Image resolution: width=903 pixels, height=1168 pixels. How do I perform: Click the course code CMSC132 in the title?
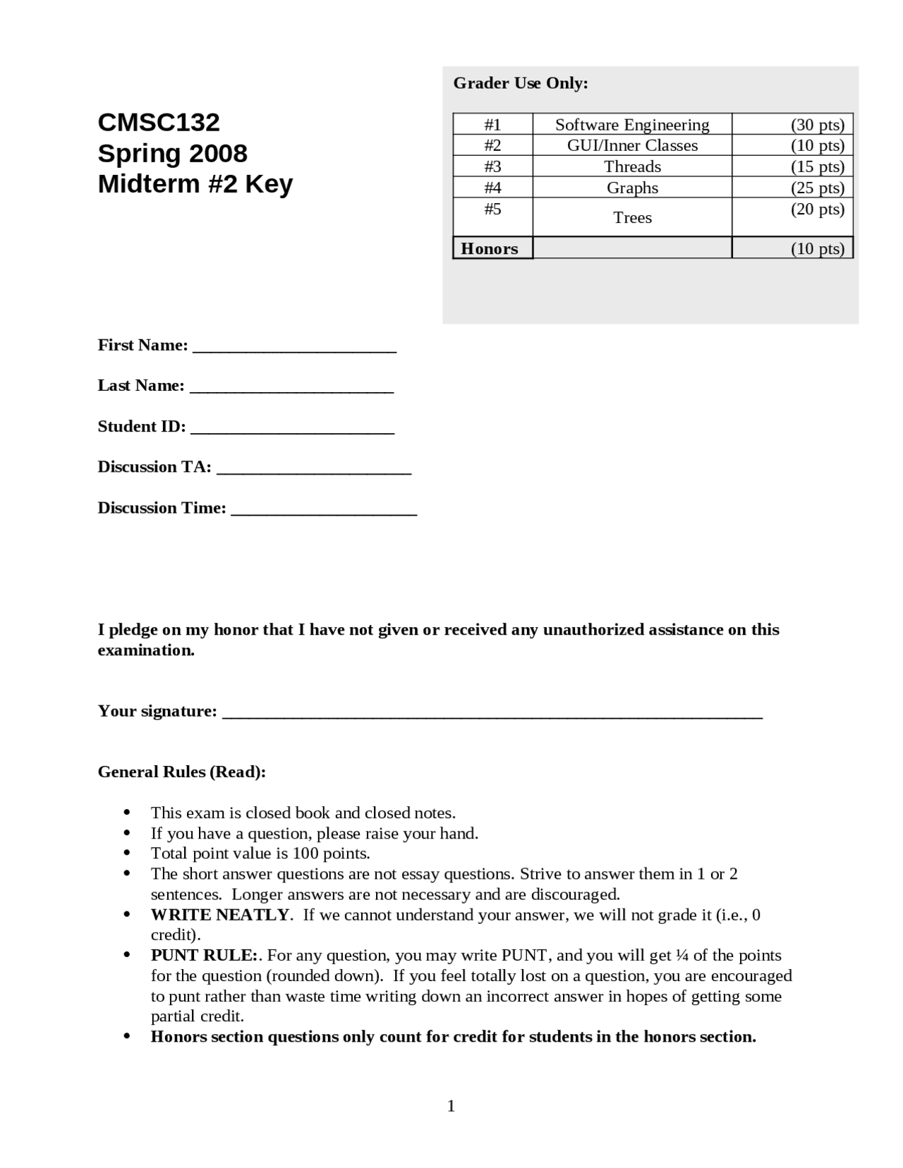click(159, 123)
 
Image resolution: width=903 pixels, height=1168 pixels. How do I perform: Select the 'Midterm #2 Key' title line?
click(195, 184)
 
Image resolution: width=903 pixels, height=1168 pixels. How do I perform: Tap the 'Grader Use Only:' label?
click(520, 83)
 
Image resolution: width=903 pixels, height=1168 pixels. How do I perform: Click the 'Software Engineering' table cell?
click(632, 125)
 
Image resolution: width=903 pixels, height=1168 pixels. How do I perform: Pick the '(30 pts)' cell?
click(817, 125)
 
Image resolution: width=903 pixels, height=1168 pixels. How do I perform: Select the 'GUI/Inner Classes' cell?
click(632, 145)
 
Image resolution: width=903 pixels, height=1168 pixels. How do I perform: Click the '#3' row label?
click(492, 166)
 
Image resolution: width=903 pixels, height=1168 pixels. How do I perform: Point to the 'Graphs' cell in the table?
click(632, 188)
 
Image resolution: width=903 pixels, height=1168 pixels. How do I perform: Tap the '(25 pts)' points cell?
click(817, 188)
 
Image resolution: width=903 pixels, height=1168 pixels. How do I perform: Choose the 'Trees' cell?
click(632, 217)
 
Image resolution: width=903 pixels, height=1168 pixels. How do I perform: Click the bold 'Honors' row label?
click(490, 248)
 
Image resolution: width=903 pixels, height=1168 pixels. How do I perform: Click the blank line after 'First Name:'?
click(294, 348)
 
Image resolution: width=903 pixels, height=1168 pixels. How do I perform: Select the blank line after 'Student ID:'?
click(292, 430)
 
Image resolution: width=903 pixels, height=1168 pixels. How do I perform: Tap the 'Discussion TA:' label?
click(154, 467)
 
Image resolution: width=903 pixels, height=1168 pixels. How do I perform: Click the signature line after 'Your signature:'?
click(492, 714)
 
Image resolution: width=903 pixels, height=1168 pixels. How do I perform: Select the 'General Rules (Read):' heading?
click(181, 772)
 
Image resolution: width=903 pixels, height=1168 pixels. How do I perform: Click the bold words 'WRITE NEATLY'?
click(219, 915)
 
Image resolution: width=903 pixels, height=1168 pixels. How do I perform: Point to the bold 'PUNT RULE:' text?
click(204, 956)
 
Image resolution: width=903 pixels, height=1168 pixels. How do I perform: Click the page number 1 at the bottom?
click(451, 1107)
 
